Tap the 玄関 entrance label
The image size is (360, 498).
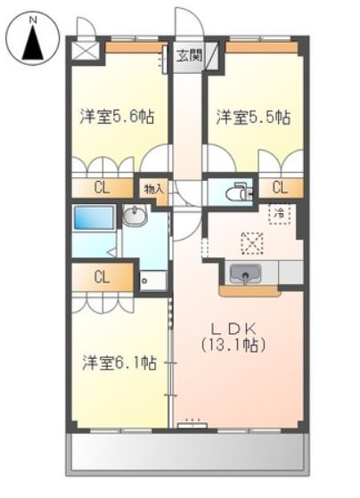coord(188,55)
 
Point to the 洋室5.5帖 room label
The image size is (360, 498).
coord(252,115)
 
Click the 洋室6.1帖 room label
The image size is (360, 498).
coord(119,363)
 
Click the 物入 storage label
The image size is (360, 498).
coord(152,189)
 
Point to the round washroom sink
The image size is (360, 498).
coord(135,216)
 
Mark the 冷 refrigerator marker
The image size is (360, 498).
coord(280,214)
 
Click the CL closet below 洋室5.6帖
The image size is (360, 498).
coord(102,187)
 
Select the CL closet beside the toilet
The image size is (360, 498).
coord(280,187)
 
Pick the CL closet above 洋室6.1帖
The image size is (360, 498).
coord(102,276)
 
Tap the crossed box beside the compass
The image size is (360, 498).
coord(86,48)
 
